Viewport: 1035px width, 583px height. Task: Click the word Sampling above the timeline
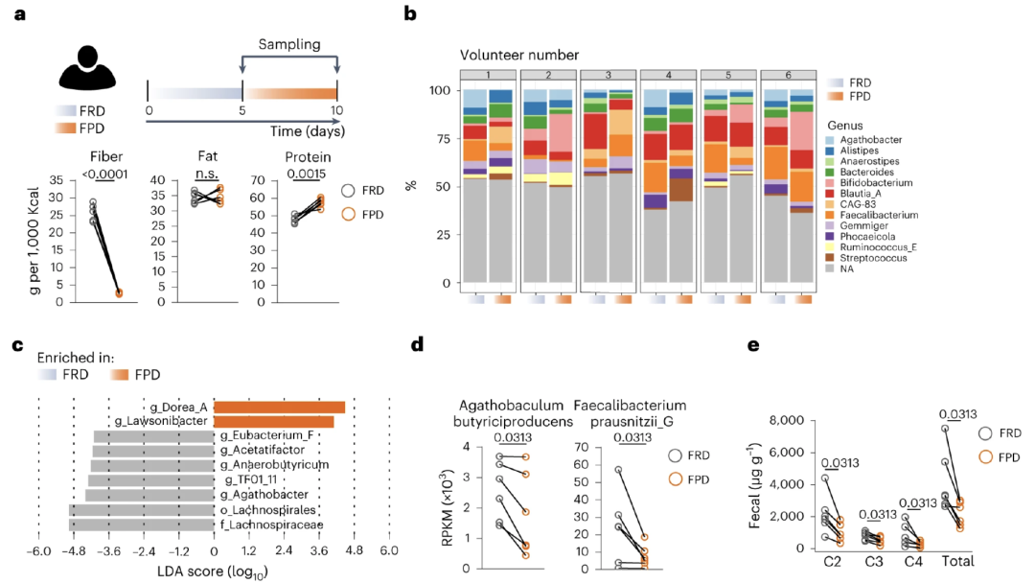click(x=289, y=45)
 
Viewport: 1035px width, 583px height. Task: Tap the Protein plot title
click(x=295, y=157)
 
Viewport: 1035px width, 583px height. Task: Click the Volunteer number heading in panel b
click(x=518, y=55)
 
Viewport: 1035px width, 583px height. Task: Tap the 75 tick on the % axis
click(x=439, y=138)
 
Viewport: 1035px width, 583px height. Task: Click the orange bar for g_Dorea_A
click(x=279, y=407)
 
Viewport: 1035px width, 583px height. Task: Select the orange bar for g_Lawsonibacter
click(x=273, y=421)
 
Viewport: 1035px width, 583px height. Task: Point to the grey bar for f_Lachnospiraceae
click(x=142, y=525)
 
